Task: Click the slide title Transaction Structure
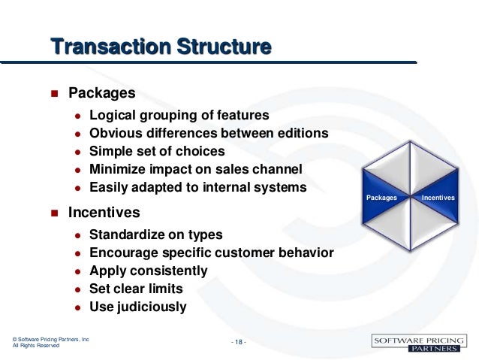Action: click(161, 47)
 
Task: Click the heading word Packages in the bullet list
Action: click(101, 94)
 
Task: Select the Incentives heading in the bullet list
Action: click(104, 213)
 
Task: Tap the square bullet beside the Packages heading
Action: click(53, 95)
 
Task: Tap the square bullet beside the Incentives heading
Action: click(53, 213)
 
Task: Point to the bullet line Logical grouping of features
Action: click(179, 116)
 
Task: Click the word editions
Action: click(303, 134)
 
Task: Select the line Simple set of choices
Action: click(157, 152)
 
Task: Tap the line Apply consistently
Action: click(148, 271)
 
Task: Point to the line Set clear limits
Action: click(136, 289)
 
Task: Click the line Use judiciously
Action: click(137, 307)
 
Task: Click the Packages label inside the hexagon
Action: click(381, 198)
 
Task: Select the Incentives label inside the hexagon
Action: click(438, 198)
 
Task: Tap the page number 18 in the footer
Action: click(239, 343)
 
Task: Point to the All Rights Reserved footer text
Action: click(36, 346)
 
